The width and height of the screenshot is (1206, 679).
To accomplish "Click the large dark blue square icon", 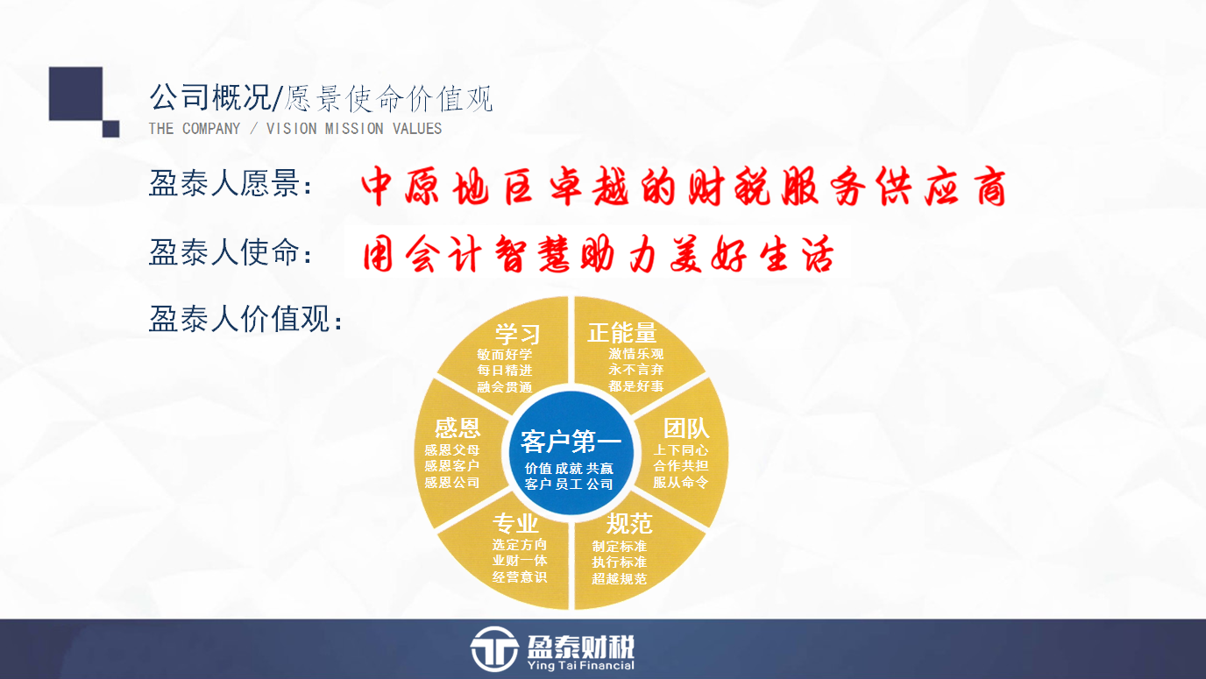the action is [76, 93].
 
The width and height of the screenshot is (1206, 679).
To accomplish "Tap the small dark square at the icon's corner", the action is [111, 129].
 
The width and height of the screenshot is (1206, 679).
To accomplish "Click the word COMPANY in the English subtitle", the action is [211, 129].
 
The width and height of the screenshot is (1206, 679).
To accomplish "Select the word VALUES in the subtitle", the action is [417, 129].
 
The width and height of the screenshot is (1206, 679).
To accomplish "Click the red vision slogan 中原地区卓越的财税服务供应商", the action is [684, 187].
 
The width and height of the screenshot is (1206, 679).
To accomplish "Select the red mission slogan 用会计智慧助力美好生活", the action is [599, 253].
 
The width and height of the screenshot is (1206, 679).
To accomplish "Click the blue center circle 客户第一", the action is [571, 452].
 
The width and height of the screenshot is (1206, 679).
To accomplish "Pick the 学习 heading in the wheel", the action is [517, 334].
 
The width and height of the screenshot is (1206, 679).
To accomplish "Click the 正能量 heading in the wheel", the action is [622, 333].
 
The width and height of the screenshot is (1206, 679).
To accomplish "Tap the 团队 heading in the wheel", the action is [686, 428].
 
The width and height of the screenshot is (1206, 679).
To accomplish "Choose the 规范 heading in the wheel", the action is [629, 523].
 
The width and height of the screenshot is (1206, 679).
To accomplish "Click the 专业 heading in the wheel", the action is [515, 523].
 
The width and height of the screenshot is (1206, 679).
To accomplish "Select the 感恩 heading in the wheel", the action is [458, 428].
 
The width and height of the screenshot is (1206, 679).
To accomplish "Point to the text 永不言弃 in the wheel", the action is [635, 370].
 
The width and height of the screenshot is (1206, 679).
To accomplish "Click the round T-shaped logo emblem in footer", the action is [494, 649].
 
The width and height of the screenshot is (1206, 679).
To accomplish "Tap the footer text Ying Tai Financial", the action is [580, 666].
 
